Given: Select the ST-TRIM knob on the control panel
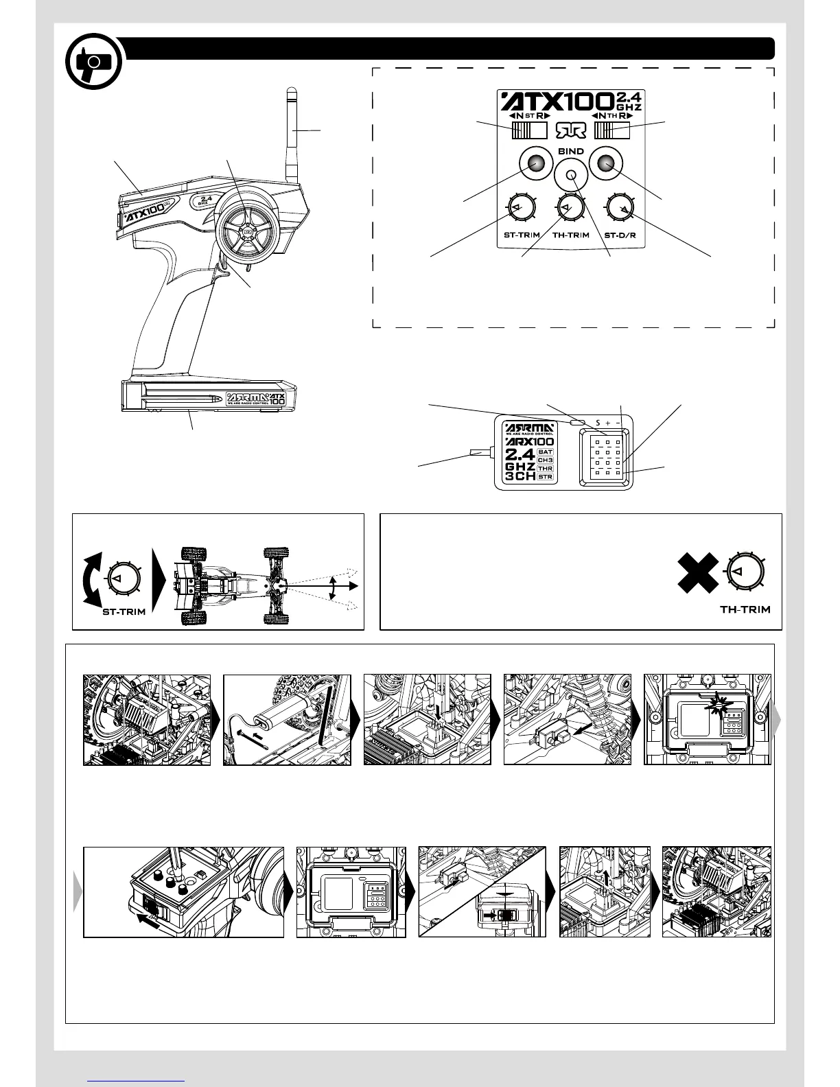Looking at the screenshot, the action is point(517,208).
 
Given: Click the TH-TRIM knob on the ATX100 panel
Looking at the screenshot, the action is point(570,208).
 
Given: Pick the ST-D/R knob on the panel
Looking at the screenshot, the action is point(621,208).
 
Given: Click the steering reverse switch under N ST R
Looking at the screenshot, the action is point(529,130).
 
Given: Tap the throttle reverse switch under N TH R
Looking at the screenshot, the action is point(612,130).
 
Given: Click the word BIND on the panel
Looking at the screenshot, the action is point(571,151).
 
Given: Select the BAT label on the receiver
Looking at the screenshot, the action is point(546,452).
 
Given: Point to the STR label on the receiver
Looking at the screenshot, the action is point(546,476).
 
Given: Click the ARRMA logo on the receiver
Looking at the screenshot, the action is point(528,427).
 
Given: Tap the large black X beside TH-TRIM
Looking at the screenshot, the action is point(698,573).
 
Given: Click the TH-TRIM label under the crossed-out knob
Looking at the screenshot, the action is point(745,609).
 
